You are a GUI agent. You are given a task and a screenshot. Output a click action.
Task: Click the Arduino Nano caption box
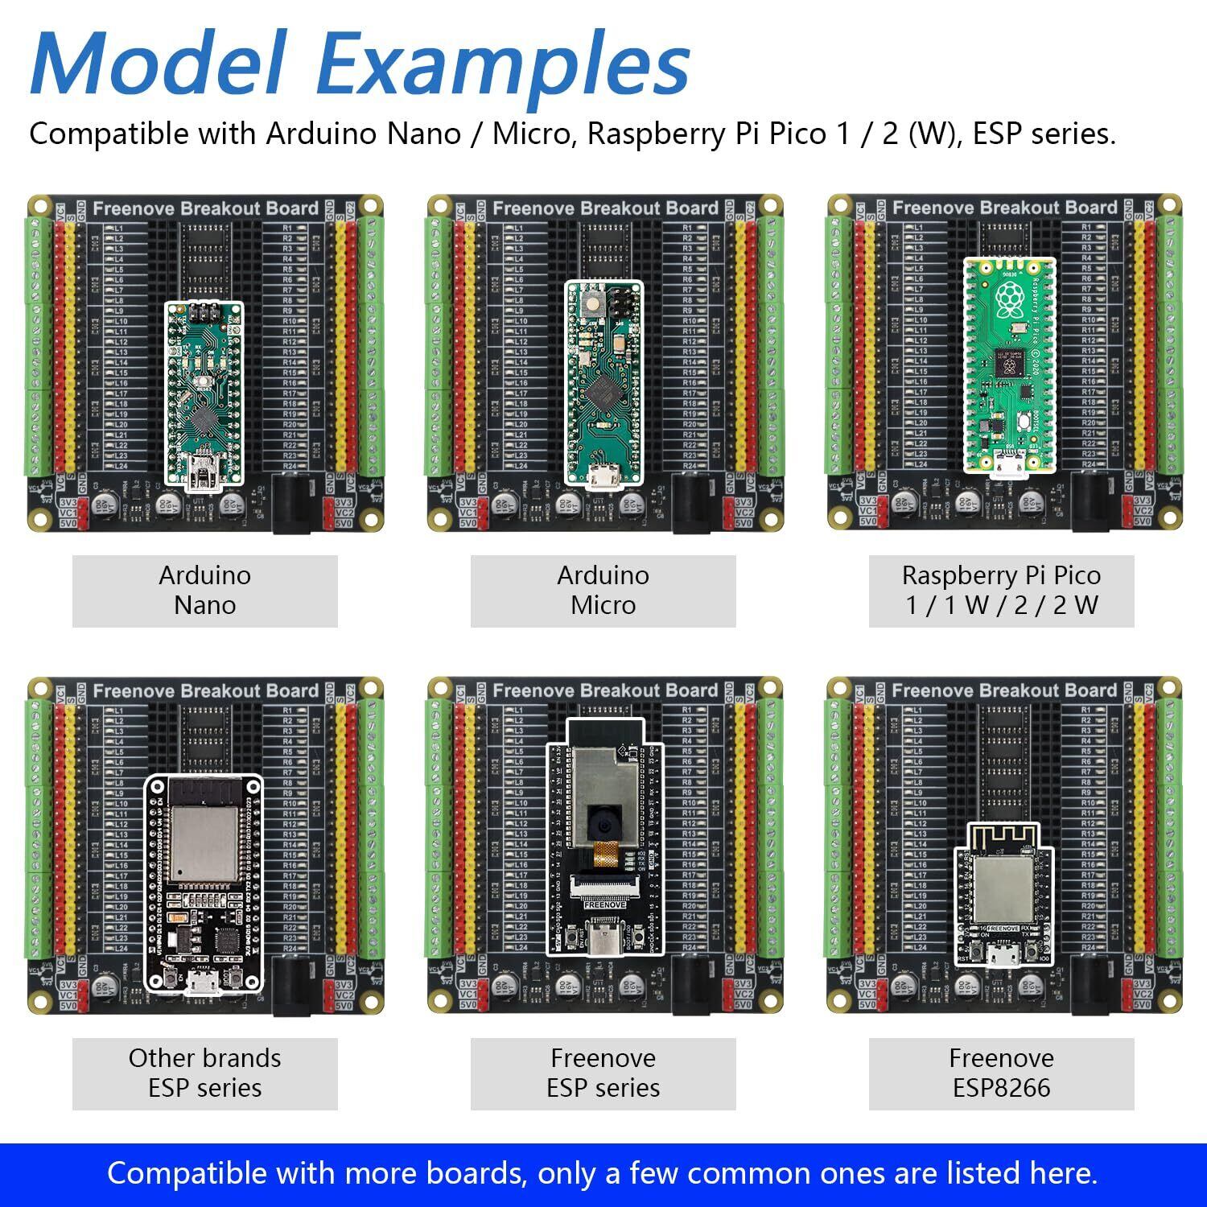click(204, 591)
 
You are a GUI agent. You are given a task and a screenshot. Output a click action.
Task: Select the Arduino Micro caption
click(603, 591)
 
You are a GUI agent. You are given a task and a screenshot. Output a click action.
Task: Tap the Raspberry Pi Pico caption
click(1001, 591)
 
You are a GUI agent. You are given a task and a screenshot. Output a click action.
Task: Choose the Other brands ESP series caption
click(204, 1073)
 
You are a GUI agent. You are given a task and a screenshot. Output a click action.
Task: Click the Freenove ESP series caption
click(603, 1073)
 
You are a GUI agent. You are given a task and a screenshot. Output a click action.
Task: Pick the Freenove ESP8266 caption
click(1001, 1073)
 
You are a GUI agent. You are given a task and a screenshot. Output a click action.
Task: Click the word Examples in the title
click(503, 64)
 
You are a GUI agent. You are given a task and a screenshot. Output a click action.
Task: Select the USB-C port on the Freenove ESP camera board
click(602, 937)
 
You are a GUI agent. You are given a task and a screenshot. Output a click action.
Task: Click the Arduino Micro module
click(603, 382)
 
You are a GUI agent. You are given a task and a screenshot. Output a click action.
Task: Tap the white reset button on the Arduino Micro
click(592, 303)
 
